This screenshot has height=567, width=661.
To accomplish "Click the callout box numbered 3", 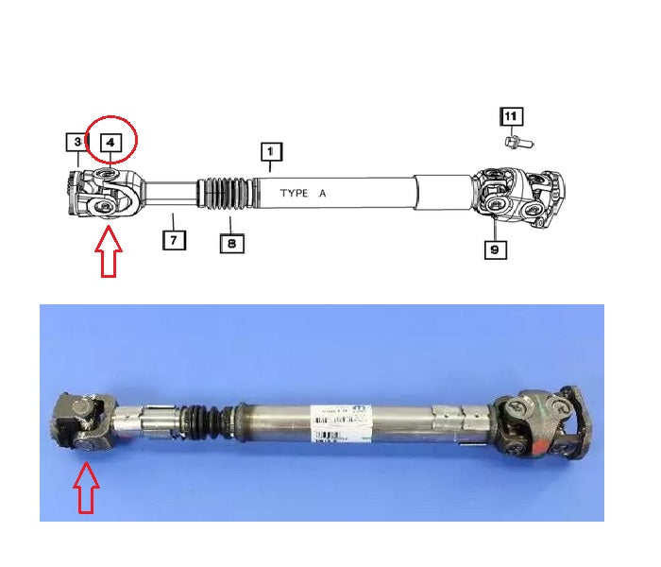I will coord(76,143).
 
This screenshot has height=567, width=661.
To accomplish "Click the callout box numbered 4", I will coord(110,142).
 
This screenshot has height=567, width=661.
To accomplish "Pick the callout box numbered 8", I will coord(232,243).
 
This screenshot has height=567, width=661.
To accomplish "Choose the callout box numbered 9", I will coord(496,250).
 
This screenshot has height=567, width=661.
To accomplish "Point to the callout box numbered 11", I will coord(510,117).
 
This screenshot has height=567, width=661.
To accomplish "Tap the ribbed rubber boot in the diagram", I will coord(227,195).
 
